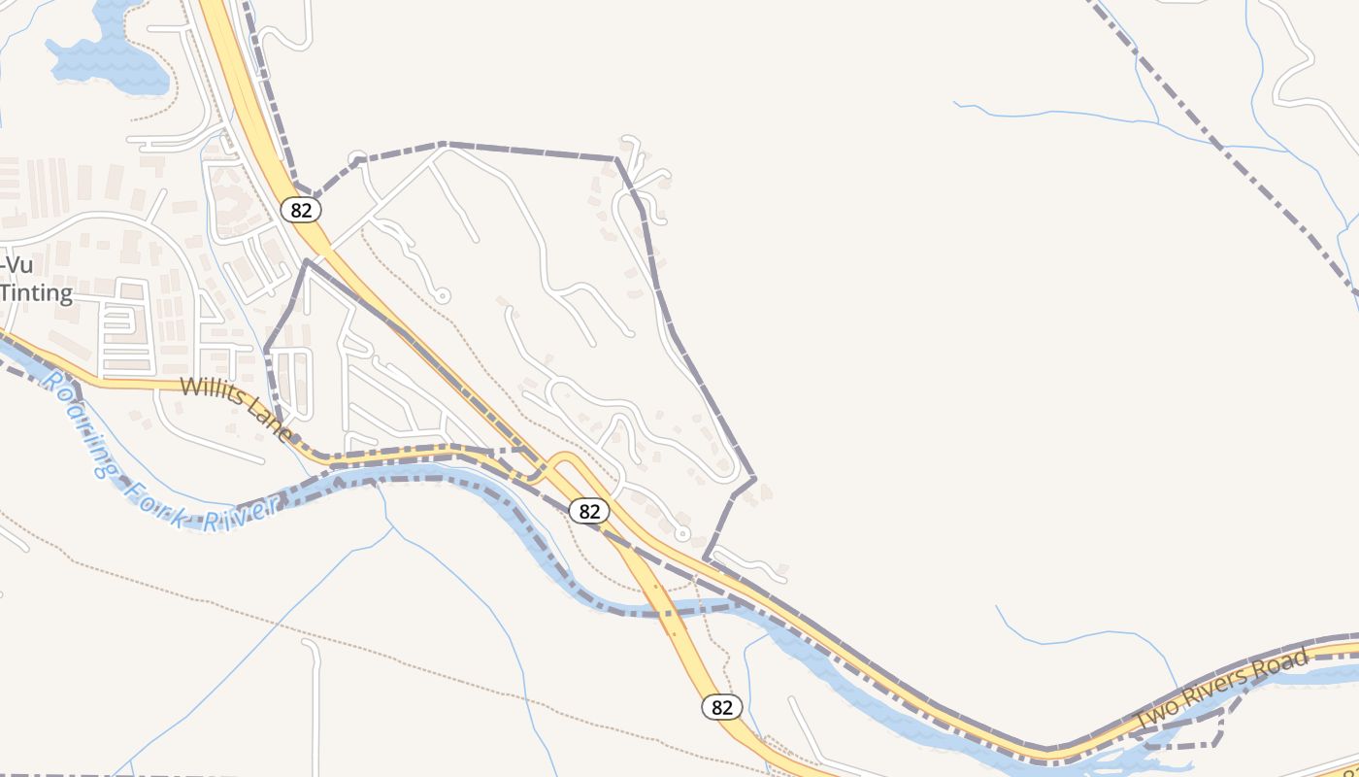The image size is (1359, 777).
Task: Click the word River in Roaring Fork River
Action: pyautogui.click(x=248, y=509)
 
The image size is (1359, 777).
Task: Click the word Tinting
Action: pyautogui.click(x=36, y=293)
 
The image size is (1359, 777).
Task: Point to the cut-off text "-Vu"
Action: pyautogui.click(x=17, y=265)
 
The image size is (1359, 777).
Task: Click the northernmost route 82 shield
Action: pyautogui.click(x=300, y=209)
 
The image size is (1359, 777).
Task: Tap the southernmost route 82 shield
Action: pyautogui.click(x=721, y=706)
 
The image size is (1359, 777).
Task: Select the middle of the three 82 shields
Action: pyautogui.click(x=588, y=511)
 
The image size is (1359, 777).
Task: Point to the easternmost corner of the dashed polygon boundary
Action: pyautogui.click(x=754, y=478)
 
